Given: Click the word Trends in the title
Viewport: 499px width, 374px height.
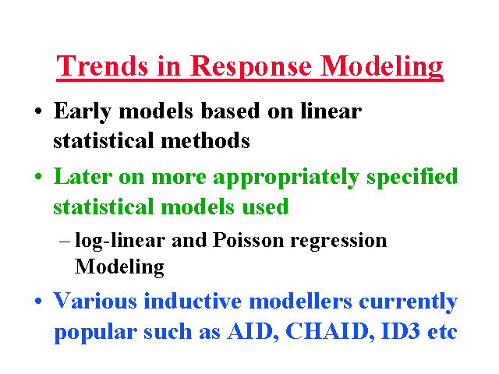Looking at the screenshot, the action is (102, 65).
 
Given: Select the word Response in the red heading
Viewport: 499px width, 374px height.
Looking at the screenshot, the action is (251, 69).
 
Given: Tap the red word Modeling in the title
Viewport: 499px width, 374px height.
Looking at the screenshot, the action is (381, 68).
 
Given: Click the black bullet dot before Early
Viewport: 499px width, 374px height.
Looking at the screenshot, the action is (38, 111).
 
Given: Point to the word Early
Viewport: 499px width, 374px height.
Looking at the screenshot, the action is (83, 112).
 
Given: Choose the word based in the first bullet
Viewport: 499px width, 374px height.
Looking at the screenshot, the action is (231, 111).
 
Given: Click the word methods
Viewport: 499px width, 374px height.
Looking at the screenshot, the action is (205, 140).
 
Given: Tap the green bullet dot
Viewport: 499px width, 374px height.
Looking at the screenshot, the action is (38, 176).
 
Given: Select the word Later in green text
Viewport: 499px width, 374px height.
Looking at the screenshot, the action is (83, 176).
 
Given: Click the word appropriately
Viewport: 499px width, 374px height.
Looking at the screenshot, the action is (286, 178).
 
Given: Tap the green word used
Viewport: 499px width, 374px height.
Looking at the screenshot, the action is (265, 206).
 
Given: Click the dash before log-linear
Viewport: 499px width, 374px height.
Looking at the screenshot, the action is (64, 242).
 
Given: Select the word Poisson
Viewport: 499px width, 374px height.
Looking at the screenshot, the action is (248, 240).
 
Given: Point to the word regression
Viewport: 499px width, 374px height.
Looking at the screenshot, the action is (338, 242).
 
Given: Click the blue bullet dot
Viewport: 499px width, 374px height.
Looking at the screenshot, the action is (38, 301).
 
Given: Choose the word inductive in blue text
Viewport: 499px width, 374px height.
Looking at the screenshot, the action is (193, 301).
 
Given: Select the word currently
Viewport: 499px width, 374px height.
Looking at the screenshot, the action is (409, 303).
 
